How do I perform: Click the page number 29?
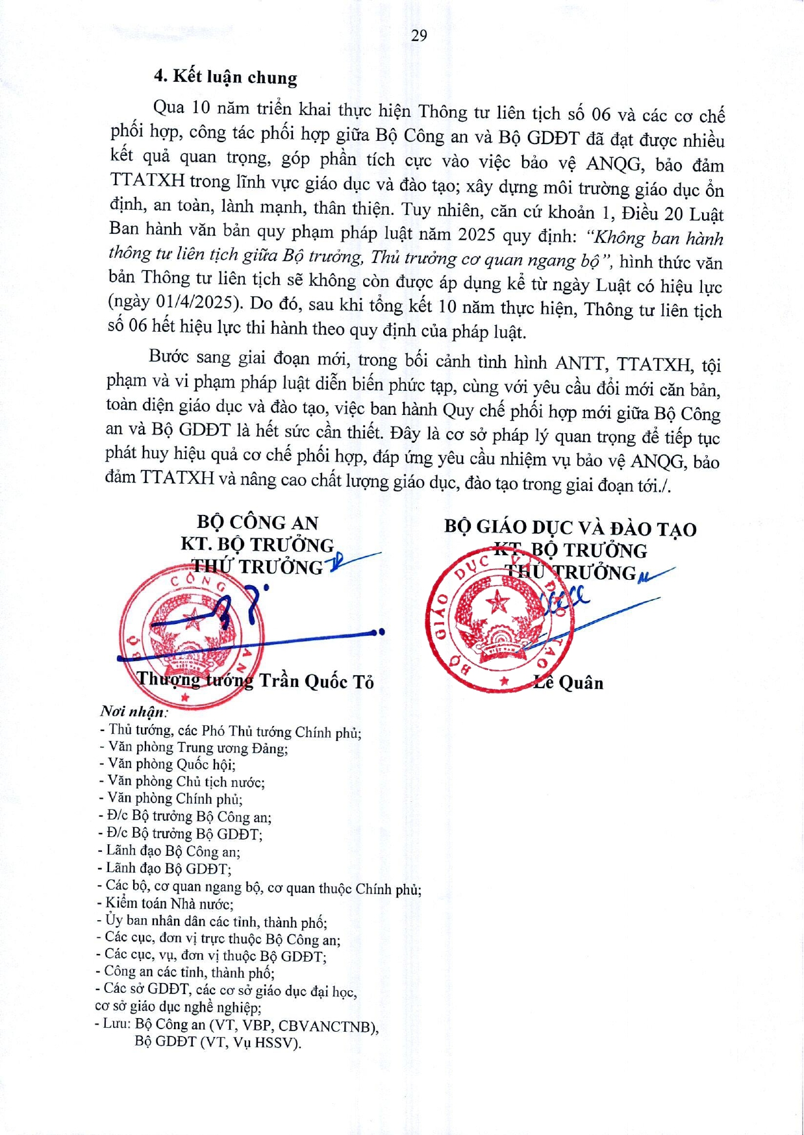[x=419, y=36]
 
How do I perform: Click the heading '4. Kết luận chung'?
[x=225, y=77]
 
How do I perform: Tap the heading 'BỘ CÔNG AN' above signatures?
[x=257, y=522]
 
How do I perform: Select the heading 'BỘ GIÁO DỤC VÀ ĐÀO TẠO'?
[x=570, y=528]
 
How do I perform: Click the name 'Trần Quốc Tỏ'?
[x=317, y=681]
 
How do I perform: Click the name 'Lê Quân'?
[x=569, y=682]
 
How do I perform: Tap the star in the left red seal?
[x=192, y=619]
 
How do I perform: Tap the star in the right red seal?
[x=498, y=603]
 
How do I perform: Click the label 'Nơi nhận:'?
[x=133, y=712]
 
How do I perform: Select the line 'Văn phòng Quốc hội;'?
[x=171, y=764]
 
